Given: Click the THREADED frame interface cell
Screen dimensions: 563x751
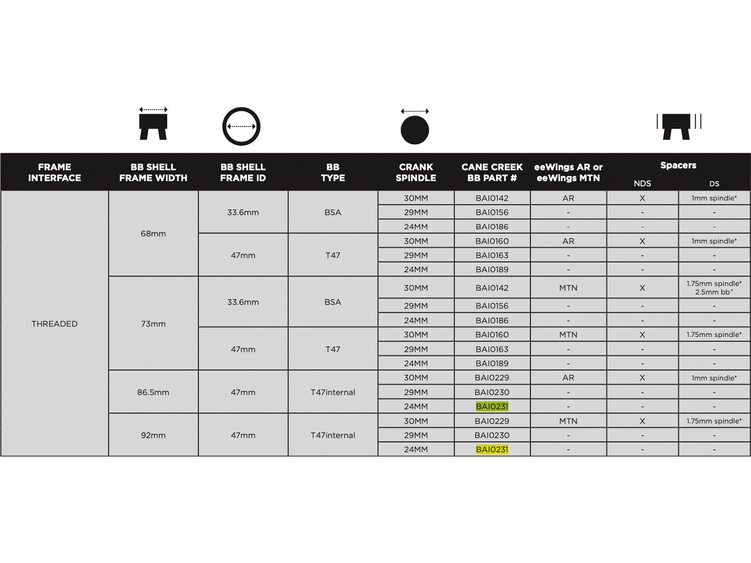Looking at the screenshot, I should [x=54, y=324].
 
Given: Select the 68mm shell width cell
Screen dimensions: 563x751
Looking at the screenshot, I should [x=153, y=234].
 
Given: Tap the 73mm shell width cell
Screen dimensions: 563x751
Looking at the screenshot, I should [x=153, y=324].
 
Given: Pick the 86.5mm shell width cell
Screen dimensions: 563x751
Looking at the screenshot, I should [x=153, y=392].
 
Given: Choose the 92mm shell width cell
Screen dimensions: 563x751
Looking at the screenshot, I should [x=153, y=435].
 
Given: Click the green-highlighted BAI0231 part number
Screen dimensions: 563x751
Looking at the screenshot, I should [x=492, y=406].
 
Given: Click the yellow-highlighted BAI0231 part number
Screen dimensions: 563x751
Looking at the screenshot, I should [x=492, y=449].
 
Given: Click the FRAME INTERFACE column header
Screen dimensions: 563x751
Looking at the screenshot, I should [x=54, y=172].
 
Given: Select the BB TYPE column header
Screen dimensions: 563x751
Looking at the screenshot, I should [x=333, y=172].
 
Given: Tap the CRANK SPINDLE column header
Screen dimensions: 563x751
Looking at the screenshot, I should [x=416, y=172].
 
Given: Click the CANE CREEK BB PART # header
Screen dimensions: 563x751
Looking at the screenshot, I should [x=492, y=172].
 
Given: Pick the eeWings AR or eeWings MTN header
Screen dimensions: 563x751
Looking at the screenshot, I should [x=568, y=172].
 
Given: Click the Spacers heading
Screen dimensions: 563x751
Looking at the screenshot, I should [x=678, y=165].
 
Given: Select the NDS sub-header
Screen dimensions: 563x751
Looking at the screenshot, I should [x=642, y=184].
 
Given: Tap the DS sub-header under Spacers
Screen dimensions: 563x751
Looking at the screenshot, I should [x=714, y=184].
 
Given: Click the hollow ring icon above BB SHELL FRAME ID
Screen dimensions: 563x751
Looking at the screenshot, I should [x=241, y=127].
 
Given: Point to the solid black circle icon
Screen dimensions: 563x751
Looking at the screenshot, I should [x=415, y=130].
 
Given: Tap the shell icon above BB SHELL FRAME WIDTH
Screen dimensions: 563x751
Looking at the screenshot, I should [x=153, y=124].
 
